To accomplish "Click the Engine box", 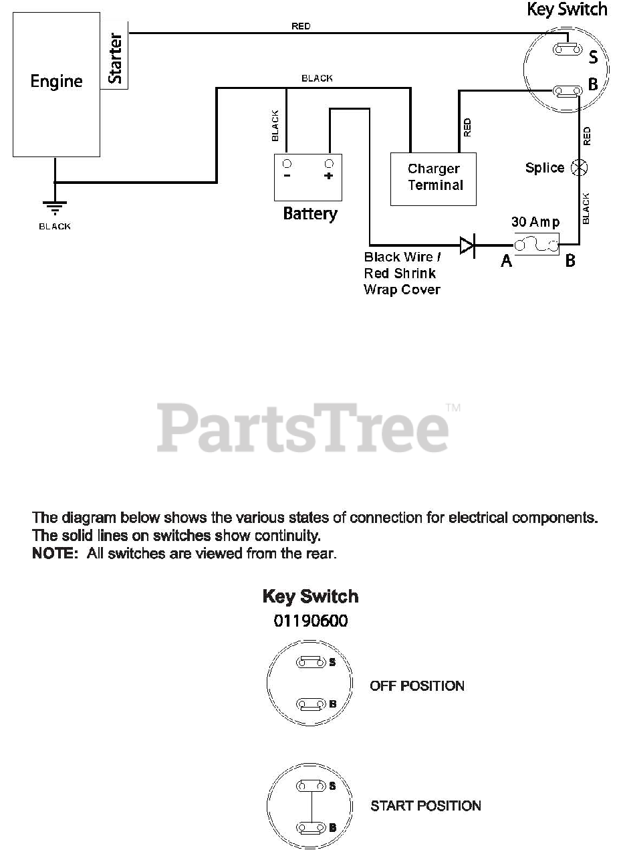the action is pyautogui.click(x=57, y=84).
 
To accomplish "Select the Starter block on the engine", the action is pyautogui.click(x=115, y=60).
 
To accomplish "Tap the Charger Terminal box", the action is pyautogui.click(x=434, y=177).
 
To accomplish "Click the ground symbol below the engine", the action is pyautogui.click(x=55, y=207).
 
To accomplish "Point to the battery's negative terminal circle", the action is pyautogui.click(x=287, y=164).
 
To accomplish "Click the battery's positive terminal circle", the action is pyautogui.click(x=328, y=164).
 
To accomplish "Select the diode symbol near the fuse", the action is pyautogui.click(x=467, y=246).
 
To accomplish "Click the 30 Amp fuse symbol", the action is pyautogui.click(x=535, y=245).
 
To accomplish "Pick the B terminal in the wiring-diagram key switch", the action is pyautogui.click(x=566, y=91).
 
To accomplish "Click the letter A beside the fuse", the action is pyautogui.click(x=507, y=261).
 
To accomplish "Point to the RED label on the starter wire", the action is pyautogui.click(x=301, y=26).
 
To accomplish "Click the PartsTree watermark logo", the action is pyautogui.click(x=303, y=428).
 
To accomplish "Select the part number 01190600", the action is pyautogui.click(x=310, y=621).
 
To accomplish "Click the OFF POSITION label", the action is pyautogui.click(x=416, y=685).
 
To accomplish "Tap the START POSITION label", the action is pyautogui.click(x=425, y=806).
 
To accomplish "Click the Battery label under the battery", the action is pyautogui.click(x=309, y=214).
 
